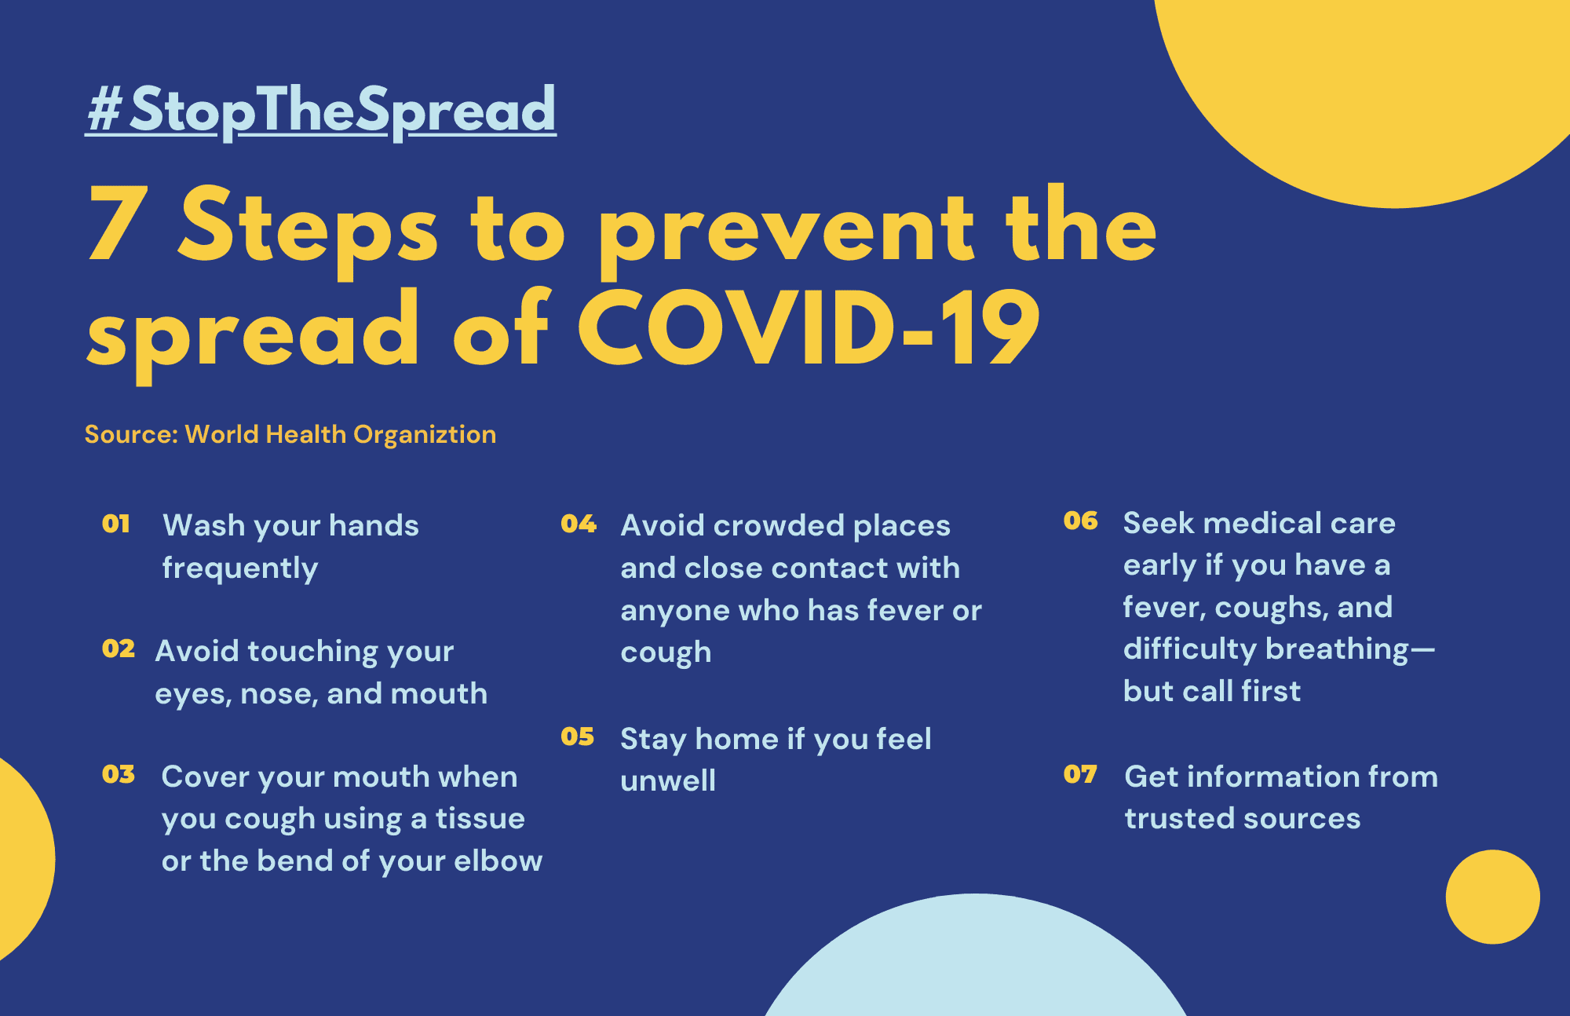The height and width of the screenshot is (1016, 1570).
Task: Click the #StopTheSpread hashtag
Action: pyautogui.click(x=321, y=111)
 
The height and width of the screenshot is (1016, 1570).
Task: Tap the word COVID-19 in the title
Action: pyautogui.click(x=809, y=328)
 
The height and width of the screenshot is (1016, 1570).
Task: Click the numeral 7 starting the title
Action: pyautogui.click(x=119, y=225)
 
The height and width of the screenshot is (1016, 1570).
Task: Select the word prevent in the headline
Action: pyautogui.click(x=787, y=232)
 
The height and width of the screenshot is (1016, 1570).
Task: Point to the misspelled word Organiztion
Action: pyautogui.click(x=425, y=435)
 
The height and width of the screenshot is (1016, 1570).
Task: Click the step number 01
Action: pyautogui.click(x=116, y=524)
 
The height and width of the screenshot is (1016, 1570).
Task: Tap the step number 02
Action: pyautogui.click(x=119, y=649)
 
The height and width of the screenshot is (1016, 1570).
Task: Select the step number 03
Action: pyautogui.click(x=119, y=774)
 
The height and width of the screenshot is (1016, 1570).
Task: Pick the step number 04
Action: pyautogui.click(x=579, y=524)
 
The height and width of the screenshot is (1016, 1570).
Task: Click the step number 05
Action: pyautogui.click(x=577, y=736)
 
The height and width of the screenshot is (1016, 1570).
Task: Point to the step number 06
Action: pyautogui.click(x=1081, y=521)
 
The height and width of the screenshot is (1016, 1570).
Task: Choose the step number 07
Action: pyautogui.click(x=1080, y=774)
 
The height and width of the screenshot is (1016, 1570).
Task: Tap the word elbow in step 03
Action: pyautogui.click(x=498, y=861)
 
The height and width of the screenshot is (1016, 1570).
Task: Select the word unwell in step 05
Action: pyautogui.click(x=668, y=781)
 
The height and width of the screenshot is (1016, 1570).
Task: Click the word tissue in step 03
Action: pyautogui.click(x=480, y=819)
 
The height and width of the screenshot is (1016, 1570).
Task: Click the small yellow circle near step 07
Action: pyautogui.click(x=1493, y=897)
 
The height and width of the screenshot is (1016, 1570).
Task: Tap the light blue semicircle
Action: pyautogui.click(x=976, y=966)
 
